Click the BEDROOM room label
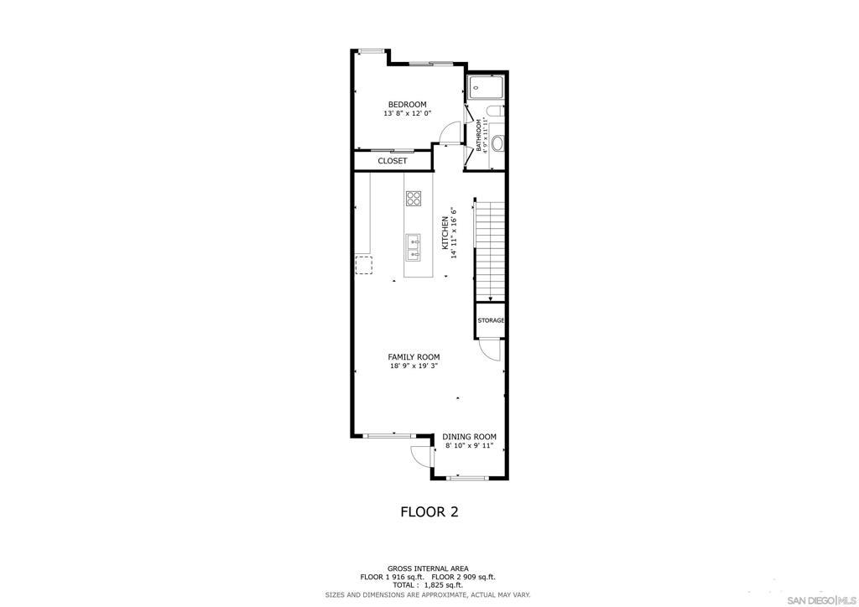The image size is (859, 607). pyautogui.click(x=407, y=105)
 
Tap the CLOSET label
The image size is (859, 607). pyautogui.click(x=393, y=161)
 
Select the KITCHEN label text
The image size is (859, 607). pyautogui.click(x=445, y=233)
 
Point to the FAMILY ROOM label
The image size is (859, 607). pyautogui.click(x=414, y=357)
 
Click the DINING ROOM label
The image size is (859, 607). pyautogui.click(x=470, y=437)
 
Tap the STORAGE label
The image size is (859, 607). pyautogui.click(x=490, y=320)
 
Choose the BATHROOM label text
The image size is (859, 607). pyautogui.click(x=478, y=135)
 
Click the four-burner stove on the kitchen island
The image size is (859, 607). pyautogui.click(x=414, y=198)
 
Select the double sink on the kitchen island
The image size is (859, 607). pyautogui.click(x=413, y=247)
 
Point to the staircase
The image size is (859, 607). pyautogui.click(x=490, y=252)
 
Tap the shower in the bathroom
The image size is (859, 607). pyautogui.click(x=487, y=87)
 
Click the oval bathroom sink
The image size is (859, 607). pyautogui.click(x=497, y=144)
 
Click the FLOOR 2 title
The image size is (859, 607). pyautogui.click(x=429, y=511)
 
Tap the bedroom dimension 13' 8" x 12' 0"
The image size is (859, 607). pyautogui.click(x=408, y=114)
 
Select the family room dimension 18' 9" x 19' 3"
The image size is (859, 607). pyautogui.click(x=414, y=366)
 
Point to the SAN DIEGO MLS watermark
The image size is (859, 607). pyautogui.click(x=820, y=599)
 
